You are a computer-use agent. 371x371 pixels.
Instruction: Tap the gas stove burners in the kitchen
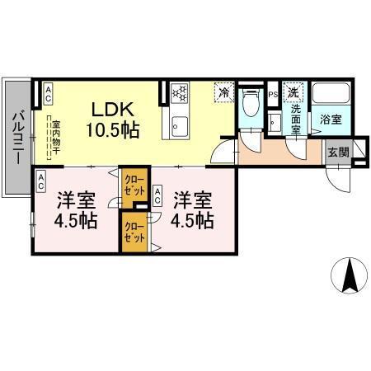[x=181, y=92]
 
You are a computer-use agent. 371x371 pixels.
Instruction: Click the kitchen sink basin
[x=180, y=126]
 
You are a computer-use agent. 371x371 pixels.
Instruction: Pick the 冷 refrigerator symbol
[x=223, y=92]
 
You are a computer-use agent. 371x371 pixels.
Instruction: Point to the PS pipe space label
[x=274, y=94]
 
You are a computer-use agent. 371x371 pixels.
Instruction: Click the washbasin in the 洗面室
[x=276, y=121]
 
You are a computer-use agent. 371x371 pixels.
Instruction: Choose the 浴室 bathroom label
[x=331, y=119]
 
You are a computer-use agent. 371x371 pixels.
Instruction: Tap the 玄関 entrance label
[x=338, y=151]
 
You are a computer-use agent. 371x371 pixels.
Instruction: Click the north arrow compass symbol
[x=349, y=277]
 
